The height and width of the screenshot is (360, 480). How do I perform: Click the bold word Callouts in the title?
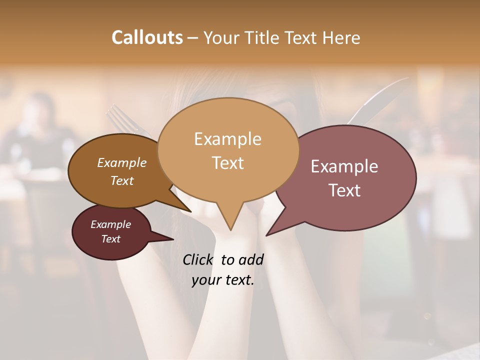(x=147, y=37)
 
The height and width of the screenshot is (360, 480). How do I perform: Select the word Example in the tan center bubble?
(x=227, y=138)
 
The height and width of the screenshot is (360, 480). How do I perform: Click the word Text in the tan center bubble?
(x=227, y=163)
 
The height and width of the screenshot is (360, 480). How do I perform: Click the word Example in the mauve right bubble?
(x=344, y=166)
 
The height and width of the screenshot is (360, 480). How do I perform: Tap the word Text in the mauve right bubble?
(x=344, y=190)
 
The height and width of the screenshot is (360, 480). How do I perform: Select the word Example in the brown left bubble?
(x=122, y=162)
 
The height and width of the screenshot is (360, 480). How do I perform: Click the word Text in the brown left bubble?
(x=122, y=180)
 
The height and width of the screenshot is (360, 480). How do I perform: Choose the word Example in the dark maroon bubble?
(x=110, y=224)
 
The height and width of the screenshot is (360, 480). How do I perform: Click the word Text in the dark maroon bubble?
(x=110, y=239)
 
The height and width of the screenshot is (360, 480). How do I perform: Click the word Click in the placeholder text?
(x=198, y=259)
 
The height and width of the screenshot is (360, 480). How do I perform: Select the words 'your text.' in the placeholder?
(x=223, y=280)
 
